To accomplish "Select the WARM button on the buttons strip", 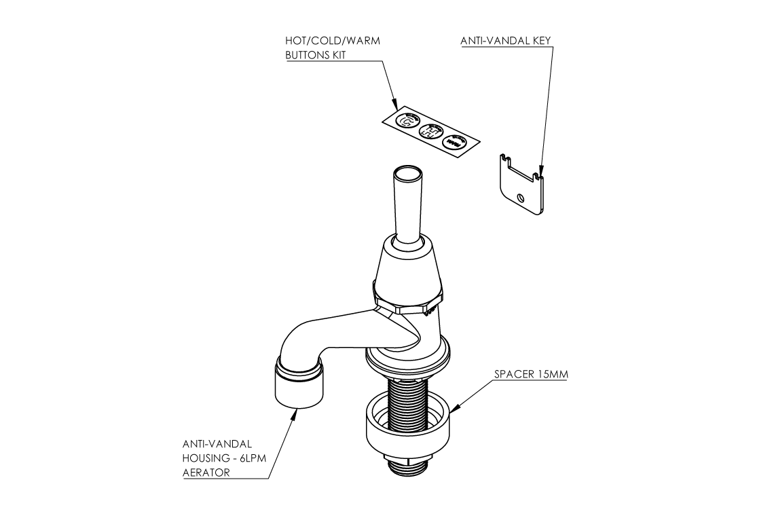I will tap(453, 143).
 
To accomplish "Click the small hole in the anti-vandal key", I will tap(520, 198).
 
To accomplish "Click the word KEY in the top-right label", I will tap(540, 41).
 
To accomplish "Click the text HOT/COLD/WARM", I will tap(332, 41).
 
